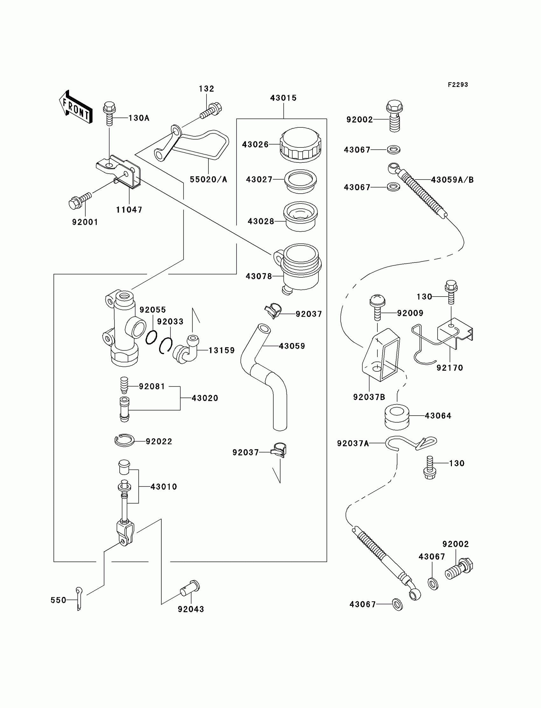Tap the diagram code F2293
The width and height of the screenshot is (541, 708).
coord(458,85)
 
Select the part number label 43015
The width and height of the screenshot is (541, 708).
coord(283,98)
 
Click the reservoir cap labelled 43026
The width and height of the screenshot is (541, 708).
coord(300,144)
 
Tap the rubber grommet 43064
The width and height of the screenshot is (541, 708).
coord(397,417)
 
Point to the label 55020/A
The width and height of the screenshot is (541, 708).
coord(208,180)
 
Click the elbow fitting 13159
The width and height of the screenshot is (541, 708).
coord(186,349)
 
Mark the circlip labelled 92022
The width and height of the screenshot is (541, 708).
coord(125,440)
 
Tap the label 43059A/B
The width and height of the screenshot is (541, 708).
coord(452,180)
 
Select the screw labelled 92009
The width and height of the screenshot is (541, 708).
coord(377,307)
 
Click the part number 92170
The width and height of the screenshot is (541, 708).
coord(450,368)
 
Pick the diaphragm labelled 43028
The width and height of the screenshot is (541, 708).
coord(300,217)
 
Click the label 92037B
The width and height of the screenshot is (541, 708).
coord(369,397)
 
